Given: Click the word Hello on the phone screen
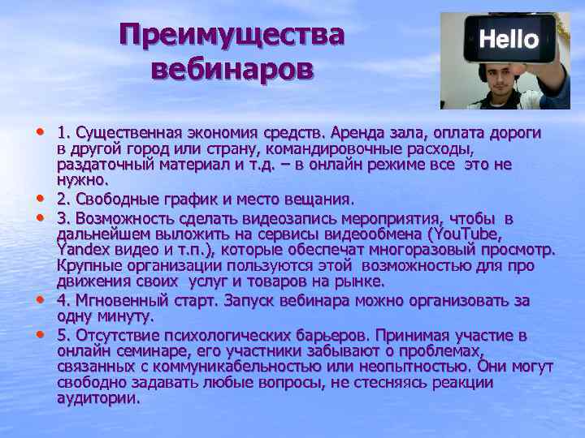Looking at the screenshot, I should (509, 39).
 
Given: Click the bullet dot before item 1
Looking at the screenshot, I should (41, 131).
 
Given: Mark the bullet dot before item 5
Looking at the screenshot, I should (41, 334).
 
